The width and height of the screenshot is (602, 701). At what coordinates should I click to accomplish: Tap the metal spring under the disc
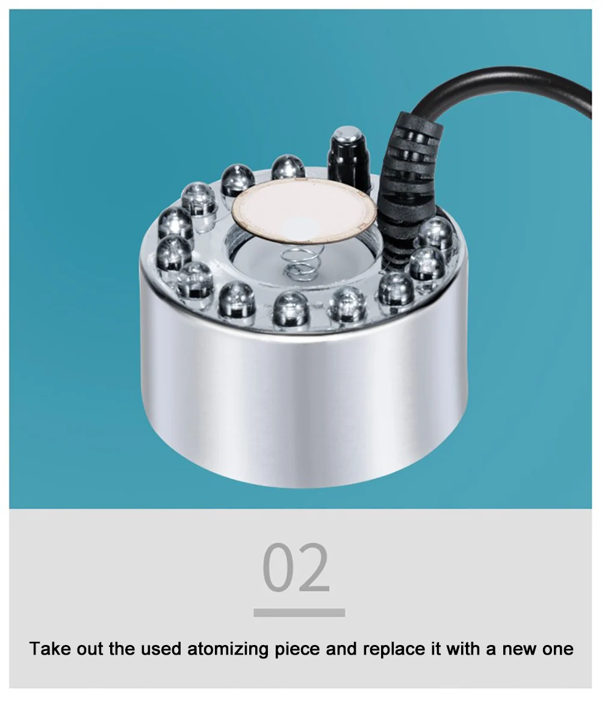(x=298, y=263)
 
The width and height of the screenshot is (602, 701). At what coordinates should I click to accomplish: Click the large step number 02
(x=296, y=568)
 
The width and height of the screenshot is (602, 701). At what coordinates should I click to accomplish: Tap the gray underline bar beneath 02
(x=299, y=612)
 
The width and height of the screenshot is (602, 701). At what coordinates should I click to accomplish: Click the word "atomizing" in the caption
(x=228, y=649)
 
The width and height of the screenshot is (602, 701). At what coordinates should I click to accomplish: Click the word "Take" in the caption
(x=49, y=648)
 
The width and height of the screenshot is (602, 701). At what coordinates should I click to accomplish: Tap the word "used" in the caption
(x=161, y=648)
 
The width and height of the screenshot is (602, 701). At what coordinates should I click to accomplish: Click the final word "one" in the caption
(x=558, y=650)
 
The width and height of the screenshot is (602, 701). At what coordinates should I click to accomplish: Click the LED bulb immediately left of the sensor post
(x=288, y=167)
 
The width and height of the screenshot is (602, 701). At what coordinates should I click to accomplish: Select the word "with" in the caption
(x=463, y=648)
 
